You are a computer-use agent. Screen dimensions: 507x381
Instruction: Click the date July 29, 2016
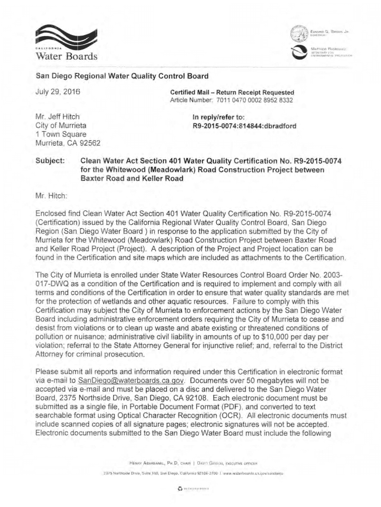click(x=58, y=92)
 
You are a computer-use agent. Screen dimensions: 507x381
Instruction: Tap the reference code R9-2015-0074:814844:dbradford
click(x=240, y=126)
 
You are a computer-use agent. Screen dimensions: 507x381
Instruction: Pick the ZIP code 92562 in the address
click(x=90, y=144)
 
